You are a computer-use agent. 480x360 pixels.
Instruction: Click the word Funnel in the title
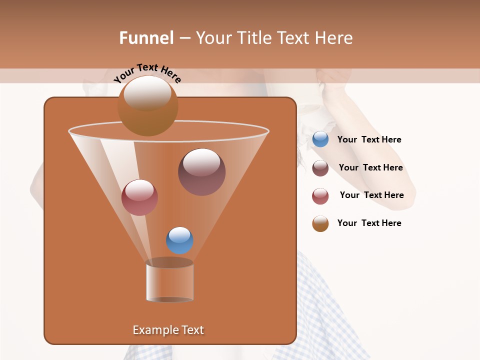pyautogui.click(x=146, y=38)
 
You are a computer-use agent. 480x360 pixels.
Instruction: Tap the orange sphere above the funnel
pyautogui.click(x=147, y=106)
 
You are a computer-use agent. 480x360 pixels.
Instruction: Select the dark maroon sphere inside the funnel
pyautogui.click(x=201, y=172)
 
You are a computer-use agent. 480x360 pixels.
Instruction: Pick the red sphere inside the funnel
pyautogui.click(x=139, y=197)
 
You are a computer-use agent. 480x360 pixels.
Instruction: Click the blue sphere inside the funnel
pyautogui.click(x=179, y=240)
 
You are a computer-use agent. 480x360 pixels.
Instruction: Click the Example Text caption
pyautogui.click(x=168, y=330)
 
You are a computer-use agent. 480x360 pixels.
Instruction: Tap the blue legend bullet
pyautogui.click(x=320, y=139)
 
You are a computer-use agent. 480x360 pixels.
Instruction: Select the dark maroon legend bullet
pyautogui.click(x=320, y=168)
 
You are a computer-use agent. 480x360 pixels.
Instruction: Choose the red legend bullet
pyautogui.click(x=320, y=196)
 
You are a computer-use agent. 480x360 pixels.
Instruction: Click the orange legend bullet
pyautogui.click(x=320, y=223)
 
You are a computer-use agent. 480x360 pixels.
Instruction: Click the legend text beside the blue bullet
pyautogui.click(x=369, y=139)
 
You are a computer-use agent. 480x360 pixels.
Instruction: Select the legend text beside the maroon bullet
pyautogui.click(x=370, y=167)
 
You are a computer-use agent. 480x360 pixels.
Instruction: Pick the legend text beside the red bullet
pyautogui.click(x=371, y=195)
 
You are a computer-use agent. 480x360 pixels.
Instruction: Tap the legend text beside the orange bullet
pyautogui.click(x=369, y=223)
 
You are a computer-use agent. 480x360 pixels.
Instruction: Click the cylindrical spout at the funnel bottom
pyautogui.click(x=169, y=281)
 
